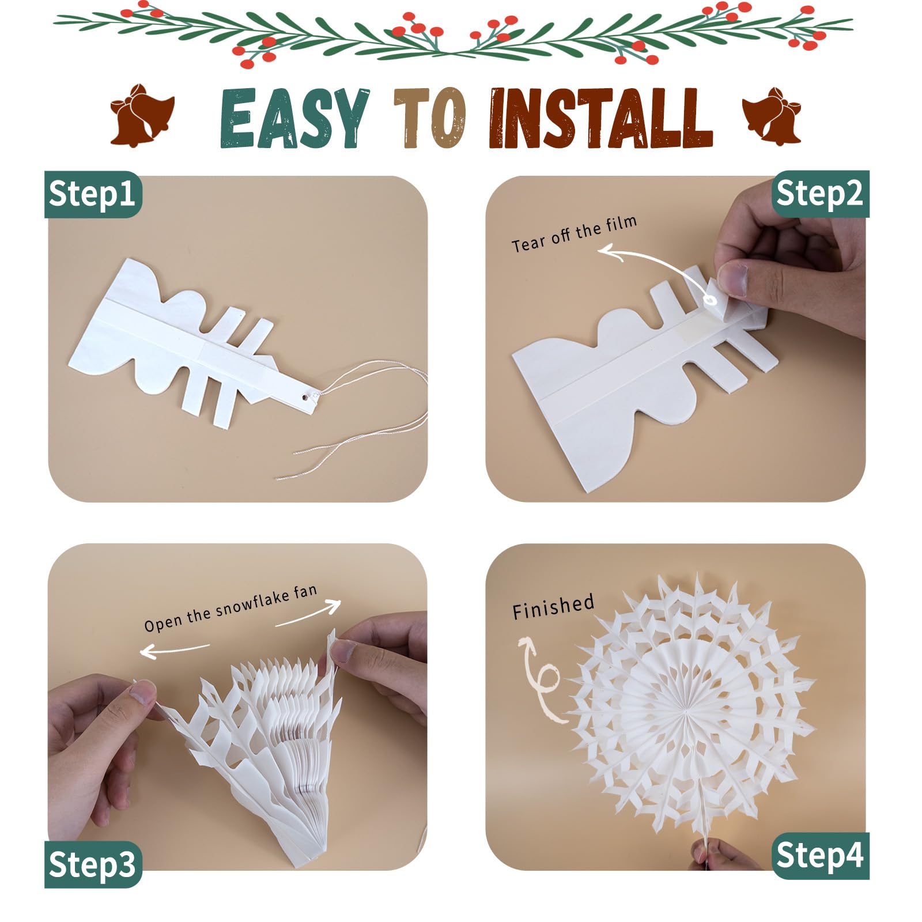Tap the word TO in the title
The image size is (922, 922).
[x=430, y=119]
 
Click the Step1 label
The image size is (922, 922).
[x=93, y=194]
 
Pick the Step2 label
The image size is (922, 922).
[x=820, y=194]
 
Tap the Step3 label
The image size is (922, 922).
[x=93, y=864]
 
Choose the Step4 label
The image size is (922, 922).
[x=820, y=856]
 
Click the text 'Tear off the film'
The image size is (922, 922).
[x=574, y=234]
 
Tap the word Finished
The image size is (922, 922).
[x=553, y=607]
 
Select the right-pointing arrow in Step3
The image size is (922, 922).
[x=308, y=612]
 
